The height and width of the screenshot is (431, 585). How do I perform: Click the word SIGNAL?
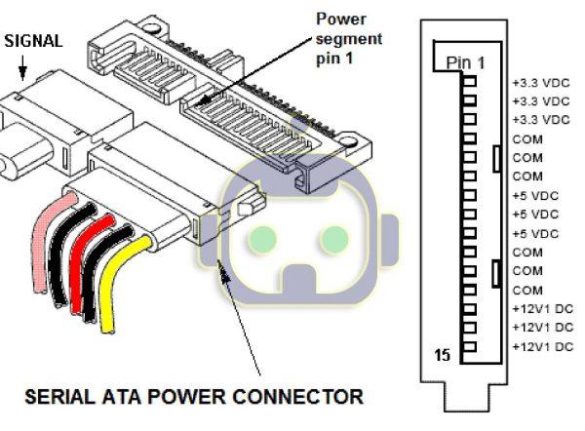pyautogui.click(x=33, y=41)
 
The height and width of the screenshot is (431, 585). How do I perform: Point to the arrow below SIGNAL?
pyautogui.click(x=22, y=68)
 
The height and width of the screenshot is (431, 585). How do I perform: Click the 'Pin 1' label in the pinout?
pyautogui.click(x=466, y=62)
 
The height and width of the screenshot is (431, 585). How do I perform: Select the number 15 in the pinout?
pyautogui.click(x=443, y=355)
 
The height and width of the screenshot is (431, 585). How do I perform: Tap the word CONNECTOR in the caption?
pyautogui.click(x=297, y=396)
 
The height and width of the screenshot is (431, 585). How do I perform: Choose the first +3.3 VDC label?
pyautogui.click(x=541, y=83)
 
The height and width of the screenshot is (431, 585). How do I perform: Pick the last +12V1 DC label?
pyautogui.click(x=543, y=347)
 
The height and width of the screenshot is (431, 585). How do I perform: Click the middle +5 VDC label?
pyautogui.click(x=535, y=215)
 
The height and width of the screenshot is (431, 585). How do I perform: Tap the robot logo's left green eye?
pyautogui.click(x=262, y=240)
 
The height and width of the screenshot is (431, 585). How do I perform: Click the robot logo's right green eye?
pyautogui.click(x=334, y=240)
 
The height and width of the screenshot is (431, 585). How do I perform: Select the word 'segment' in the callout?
pyautogui.click(x=349, y=39)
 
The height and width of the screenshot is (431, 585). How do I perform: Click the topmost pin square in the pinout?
pyautogui.click(x=470, y=81)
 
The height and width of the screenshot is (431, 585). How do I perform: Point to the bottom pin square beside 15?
pyautogui.click(x=470, y=347)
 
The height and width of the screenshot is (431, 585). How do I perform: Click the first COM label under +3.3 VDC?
pyautogui.click(x=527, y=139)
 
